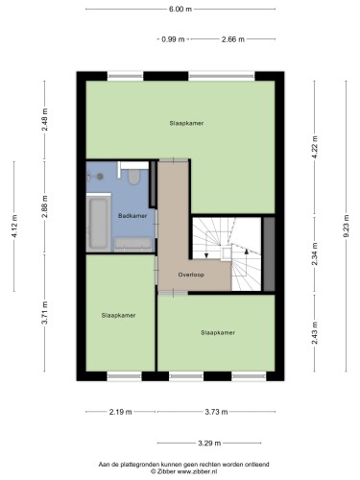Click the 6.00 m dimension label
coord(180,9)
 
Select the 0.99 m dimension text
coord(173,39)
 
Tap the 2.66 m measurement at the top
coord(233,39)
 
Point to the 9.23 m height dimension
coord(346,226)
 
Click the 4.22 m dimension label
coord(315,147)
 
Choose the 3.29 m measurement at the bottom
coord(209,444)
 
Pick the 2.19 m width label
coord(120,412)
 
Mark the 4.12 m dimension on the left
coord(14,227)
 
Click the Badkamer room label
coord(132,216)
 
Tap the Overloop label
coord(191,275)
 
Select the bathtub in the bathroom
coord(98,224)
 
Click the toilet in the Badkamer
coord(133,177)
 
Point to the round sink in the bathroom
coord(100,176)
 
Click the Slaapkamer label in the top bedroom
coord(186,123)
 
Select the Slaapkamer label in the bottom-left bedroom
coord(118,315)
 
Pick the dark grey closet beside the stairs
coord(269,254)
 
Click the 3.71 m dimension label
coord(45,313)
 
